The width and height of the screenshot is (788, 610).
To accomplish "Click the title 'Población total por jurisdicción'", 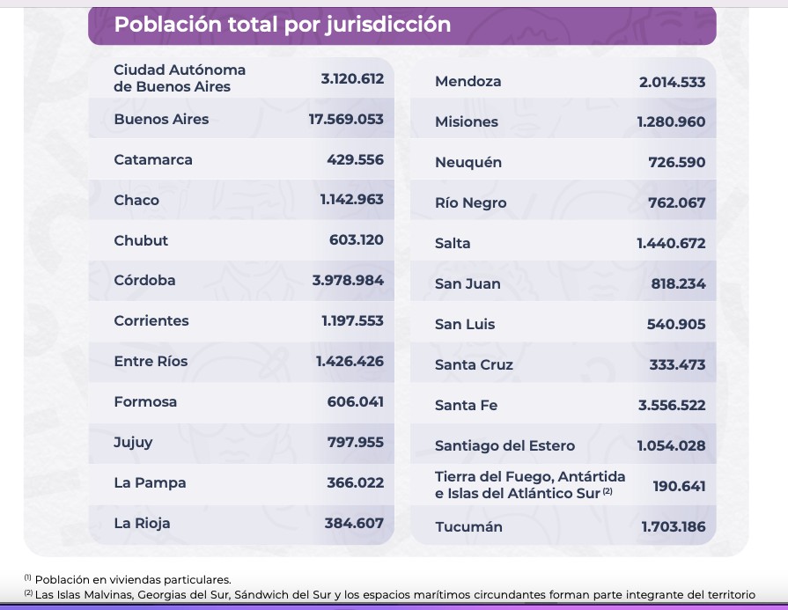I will pos(283,25).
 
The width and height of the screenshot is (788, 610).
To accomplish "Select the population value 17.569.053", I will pos(346,119).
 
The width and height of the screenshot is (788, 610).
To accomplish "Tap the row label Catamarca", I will pos(153,159).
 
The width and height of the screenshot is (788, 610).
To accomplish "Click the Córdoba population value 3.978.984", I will pos(348,280).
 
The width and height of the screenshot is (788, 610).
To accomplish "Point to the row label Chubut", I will pos(141,240).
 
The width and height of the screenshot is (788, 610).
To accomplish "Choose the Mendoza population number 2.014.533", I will pos(672,82).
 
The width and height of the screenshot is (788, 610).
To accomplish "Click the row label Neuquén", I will pos(468,163).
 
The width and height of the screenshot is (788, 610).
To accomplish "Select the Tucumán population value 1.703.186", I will pos(673,527).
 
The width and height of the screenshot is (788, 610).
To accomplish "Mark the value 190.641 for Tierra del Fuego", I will pos(679,486).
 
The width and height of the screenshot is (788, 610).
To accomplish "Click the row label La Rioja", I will pos(142,523).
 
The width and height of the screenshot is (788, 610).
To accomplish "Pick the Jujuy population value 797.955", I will pos(356,442).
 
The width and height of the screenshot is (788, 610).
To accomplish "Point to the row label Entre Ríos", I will pos(151,361).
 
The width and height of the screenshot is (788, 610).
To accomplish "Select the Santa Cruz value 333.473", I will pos(677,364).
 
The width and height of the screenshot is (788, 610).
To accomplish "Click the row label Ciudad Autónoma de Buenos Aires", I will pos(180,78).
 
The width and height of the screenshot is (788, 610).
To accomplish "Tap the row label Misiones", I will pos(467,122).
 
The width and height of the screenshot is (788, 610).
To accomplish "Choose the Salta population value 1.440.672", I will pos(671,243).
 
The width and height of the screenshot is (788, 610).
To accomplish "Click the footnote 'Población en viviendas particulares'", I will pos(133,579).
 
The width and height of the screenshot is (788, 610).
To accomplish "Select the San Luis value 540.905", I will pos(676,324).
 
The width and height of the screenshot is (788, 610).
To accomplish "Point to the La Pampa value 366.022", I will pos(355,482).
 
